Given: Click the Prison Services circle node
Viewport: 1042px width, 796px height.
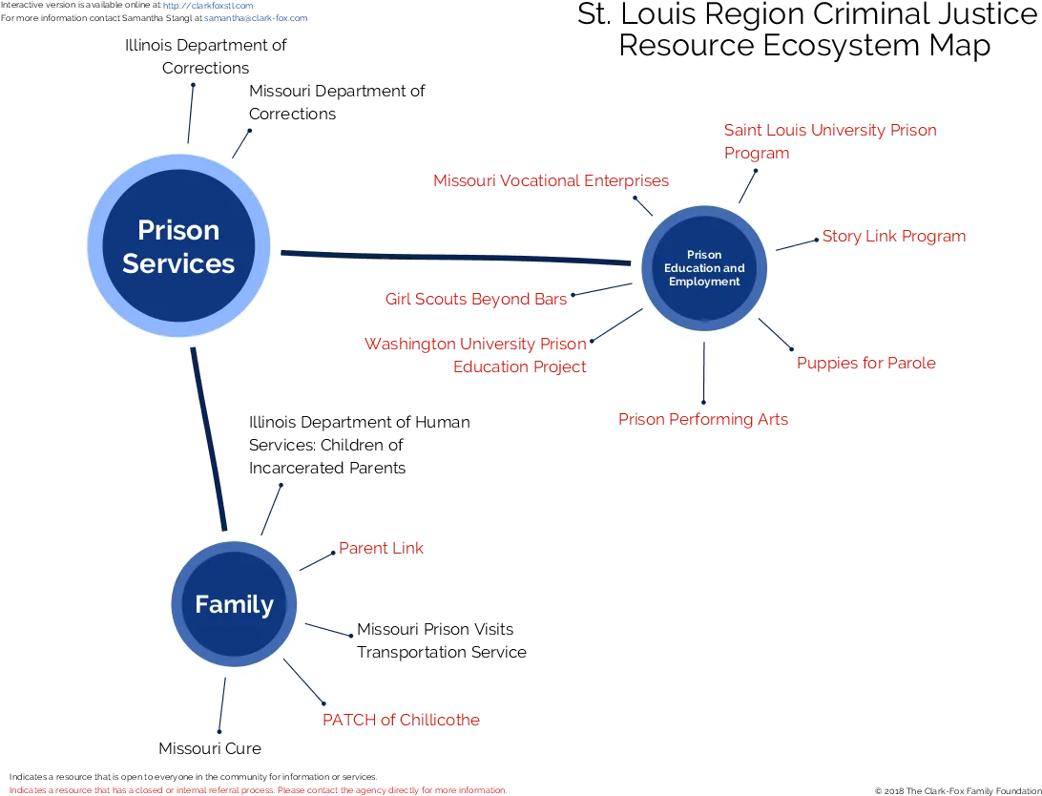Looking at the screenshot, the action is click(x=178, y=246).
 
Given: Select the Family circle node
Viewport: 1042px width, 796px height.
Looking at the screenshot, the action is click(x=234, y=604).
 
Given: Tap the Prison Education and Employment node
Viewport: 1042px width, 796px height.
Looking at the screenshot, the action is click(x=704, y=268).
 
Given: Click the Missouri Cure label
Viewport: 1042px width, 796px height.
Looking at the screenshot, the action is click(x=210, y=748).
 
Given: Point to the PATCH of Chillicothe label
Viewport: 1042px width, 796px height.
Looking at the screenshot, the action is click(x=401, y=720).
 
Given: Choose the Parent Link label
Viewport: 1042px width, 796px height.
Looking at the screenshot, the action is click(x=381, y=548).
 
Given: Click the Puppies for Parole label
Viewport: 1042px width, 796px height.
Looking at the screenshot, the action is click(x=865, y=363).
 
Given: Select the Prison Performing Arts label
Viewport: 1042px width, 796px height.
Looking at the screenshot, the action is click(x=703, y=419).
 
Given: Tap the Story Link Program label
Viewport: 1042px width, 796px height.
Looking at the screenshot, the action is click(x=894, y=237).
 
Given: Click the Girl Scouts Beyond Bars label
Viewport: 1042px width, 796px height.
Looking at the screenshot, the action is click(x=476, y=299).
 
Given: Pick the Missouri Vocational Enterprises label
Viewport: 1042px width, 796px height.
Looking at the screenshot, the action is click(x=551, y=180).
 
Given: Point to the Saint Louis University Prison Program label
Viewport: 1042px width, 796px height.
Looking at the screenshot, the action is click(x=830, y=141).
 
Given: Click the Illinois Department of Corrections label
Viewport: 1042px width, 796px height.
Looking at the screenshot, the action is click(x=205, y=56).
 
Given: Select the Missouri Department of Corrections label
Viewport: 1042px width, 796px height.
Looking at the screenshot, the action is click(x=337, y=102).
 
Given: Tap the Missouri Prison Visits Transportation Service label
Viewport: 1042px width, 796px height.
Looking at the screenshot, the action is click(x=441, y=640).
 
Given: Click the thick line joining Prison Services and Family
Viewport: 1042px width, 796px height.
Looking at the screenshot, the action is click(x=209, y=439).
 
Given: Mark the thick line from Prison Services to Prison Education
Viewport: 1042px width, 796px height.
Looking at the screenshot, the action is click(x=456, y=258).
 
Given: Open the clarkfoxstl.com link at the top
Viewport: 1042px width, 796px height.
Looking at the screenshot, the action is click(x=208, y=6).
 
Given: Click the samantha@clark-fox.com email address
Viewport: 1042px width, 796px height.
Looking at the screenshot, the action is click(x=256, y=18).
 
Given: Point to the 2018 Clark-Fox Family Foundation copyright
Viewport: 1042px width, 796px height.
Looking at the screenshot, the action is click(x=958, y=790).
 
